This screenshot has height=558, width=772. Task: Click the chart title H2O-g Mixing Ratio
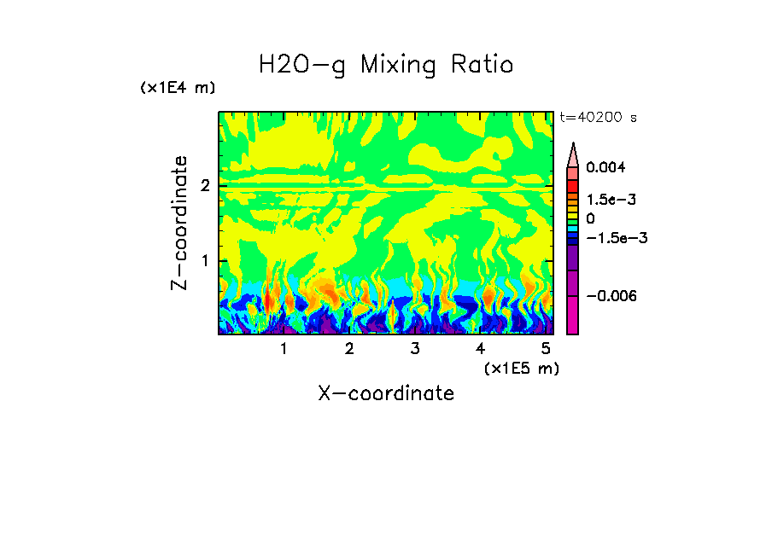386,65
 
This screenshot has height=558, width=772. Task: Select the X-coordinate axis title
386,393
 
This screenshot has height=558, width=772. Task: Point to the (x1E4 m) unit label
178,88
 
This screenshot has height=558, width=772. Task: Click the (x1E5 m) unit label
521,369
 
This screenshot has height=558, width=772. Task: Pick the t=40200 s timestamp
598,117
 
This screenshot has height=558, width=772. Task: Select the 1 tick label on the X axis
284,349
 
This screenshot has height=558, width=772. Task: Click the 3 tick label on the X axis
414,349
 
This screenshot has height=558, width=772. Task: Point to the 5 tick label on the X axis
546,349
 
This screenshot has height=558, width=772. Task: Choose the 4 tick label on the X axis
480,349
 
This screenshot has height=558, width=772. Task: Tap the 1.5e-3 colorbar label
606,200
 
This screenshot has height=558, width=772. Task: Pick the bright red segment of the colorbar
573,185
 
